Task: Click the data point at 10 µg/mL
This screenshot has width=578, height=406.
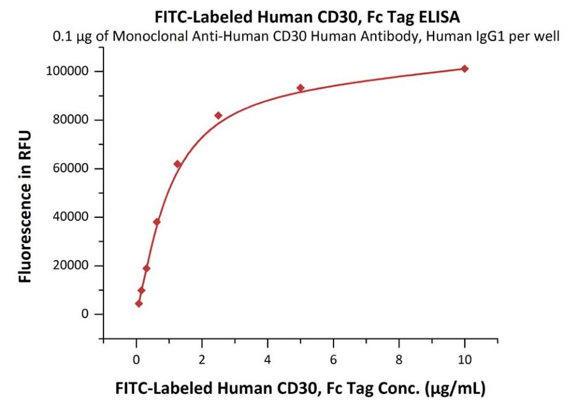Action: click(x=464, y=69)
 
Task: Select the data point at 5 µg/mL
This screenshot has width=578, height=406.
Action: click(x=300, y=88)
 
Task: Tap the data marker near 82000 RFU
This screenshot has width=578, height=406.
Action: click(x=218, y=116)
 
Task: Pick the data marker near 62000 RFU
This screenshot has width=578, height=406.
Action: click(x=177, y=164)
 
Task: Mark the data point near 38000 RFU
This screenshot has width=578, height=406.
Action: click(x=157, y=222)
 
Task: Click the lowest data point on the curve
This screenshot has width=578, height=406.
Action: click(x=139, y=304)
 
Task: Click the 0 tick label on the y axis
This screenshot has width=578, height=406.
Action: click(x=85, y=314)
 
